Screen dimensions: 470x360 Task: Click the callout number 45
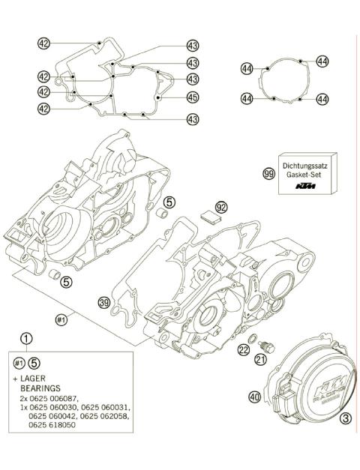(x=193, y=97)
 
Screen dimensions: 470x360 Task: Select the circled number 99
(x=268, y=173)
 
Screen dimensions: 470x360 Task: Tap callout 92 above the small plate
(x=220, y=205)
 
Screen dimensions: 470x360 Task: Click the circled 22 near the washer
(x=244, y=350)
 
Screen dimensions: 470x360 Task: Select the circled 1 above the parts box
(x=27, y=338)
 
